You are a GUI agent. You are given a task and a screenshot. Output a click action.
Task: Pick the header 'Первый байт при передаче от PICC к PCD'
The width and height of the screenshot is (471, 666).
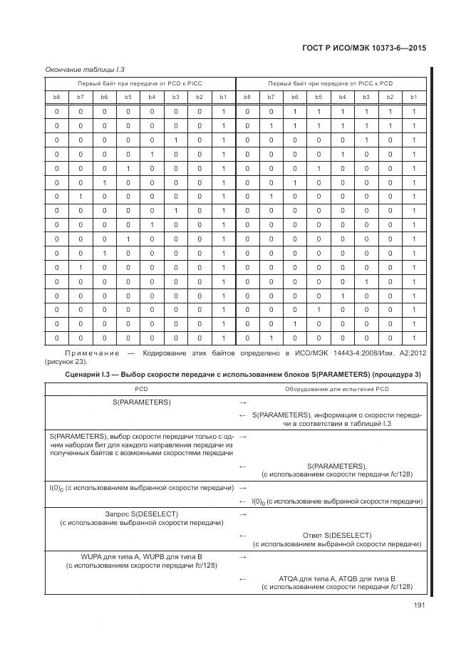329,83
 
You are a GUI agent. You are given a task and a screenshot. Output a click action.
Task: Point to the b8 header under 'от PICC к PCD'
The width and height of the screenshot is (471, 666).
247,96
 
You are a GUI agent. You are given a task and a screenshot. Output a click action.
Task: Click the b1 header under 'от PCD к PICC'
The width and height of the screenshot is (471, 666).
223,96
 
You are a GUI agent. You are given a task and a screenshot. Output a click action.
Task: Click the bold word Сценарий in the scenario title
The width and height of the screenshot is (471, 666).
83,375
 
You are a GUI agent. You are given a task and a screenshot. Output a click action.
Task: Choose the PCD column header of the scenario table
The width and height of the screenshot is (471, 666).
140,389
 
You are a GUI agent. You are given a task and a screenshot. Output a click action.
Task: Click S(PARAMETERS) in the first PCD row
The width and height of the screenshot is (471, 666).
140,402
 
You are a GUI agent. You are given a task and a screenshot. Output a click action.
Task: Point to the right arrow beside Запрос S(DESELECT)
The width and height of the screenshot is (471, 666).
243,514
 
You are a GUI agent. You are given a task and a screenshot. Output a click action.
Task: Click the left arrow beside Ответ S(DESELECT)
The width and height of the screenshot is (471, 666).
243,535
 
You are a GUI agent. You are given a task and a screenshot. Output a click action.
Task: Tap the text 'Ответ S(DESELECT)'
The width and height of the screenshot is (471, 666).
337,535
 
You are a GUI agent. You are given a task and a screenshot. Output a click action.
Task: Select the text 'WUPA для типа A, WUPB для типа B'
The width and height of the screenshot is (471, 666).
141,556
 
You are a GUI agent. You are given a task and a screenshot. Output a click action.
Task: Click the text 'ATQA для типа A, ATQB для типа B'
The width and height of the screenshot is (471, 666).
337,578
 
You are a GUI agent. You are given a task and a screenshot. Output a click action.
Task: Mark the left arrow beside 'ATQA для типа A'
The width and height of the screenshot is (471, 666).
243,578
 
